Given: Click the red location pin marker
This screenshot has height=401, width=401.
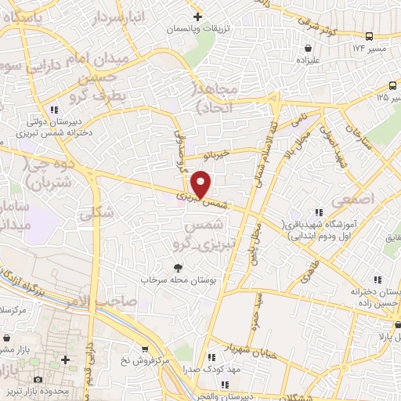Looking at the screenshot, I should pos(201,184).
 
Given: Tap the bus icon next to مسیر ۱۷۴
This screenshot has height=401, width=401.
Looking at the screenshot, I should pos(370,37).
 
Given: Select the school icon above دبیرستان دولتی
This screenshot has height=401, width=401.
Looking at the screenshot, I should pos(53,110).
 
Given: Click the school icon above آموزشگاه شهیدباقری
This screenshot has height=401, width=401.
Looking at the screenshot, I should pos(318,212).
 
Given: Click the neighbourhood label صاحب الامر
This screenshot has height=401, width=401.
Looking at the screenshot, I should pos(109,302).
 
